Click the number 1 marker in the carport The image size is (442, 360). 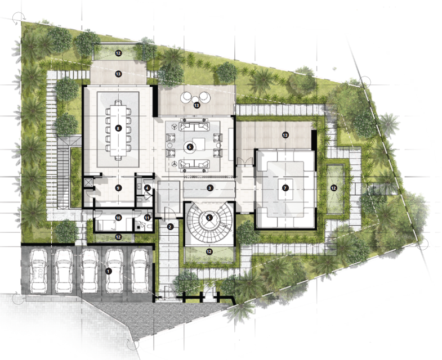(x=108, y=271)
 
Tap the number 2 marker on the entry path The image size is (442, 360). (x=170, y=227)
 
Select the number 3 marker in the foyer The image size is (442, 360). (x=209, y=188)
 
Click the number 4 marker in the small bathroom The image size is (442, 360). (x=147, y=188)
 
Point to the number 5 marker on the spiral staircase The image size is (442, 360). (x=209, y=218)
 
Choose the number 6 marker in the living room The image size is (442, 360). (x=189, y=147)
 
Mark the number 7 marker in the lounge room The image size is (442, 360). (x=285, y=188)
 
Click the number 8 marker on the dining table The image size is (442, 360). (x=118, y=128)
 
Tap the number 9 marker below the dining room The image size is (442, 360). (x=118, y=188)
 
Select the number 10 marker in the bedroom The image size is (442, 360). (x=118, y=218)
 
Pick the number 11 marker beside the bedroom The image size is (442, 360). (x=147, y=218)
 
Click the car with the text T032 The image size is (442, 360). (x=39, y=271)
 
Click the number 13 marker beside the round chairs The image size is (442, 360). (x=197, y=105)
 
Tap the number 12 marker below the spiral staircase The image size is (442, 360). (x=209, y=251)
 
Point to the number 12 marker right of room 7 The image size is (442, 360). (x=334, y=188)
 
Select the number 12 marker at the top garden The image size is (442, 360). (x=118, y=53)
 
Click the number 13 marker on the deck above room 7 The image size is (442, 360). (x=285, y=135)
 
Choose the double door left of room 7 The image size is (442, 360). (x=245, y=161)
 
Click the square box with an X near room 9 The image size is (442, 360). (x=88, y=182)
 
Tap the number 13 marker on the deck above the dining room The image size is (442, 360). (x=118, y=74)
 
